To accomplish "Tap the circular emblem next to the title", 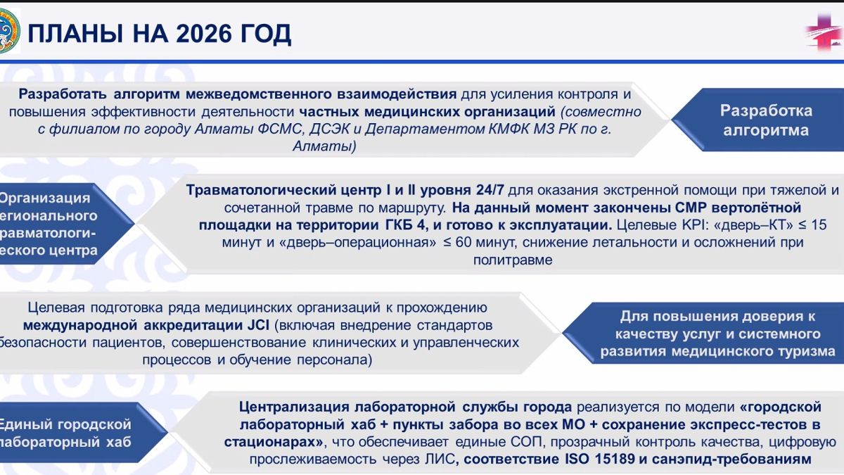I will coord(10,32).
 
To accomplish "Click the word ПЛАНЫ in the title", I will coord(77,33).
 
